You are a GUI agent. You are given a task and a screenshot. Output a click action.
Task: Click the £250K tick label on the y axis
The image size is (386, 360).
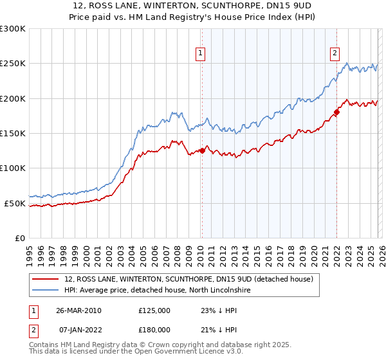pyautogui.click(x=12, y=64)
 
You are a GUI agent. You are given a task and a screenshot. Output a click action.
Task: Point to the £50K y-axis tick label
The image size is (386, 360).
pyautogui.click(x=14, y=203)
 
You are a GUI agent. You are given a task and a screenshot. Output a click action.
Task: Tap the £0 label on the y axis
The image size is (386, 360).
pyautogui.click(x=20, y=238)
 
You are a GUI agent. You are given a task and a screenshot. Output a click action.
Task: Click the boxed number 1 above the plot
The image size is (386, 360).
pyautogui.click(x=201, y=53)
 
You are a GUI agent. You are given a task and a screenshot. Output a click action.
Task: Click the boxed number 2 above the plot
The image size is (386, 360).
pyautogui.click(x=335, y=53)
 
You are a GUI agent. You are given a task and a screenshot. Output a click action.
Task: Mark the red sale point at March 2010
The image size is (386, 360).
pyautogui.click(x=202, y=151)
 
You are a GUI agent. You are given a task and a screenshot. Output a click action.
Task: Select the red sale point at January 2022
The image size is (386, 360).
pyautogui.click(x=336, y=113)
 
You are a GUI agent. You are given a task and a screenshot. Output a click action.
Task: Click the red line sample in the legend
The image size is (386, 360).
pyautogui.click(x=45, y=280)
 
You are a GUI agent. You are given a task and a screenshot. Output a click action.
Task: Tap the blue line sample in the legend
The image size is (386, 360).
pyautogui.click(x=45, y=291)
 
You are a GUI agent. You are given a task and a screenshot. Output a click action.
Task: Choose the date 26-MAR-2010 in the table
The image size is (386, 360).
pyautogui.click(x=78, y=310)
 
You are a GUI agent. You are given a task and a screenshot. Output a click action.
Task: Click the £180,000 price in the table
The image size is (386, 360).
pyautogui.click(x=154, y=329)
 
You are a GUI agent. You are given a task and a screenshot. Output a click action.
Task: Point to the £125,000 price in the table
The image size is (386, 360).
pyautogui.click(x=154, y=310)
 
